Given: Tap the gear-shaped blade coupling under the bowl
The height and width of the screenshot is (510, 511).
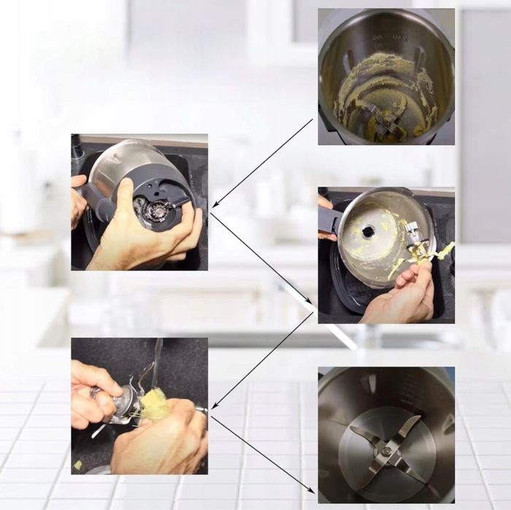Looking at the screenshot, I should pos(155,211).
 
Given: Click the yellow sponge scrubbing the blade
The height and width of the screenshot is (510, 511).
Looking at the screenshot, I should pos(153,403).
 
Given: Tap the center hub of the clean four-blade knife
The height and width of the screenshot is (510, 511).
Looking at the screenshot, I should pos(386,451).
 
